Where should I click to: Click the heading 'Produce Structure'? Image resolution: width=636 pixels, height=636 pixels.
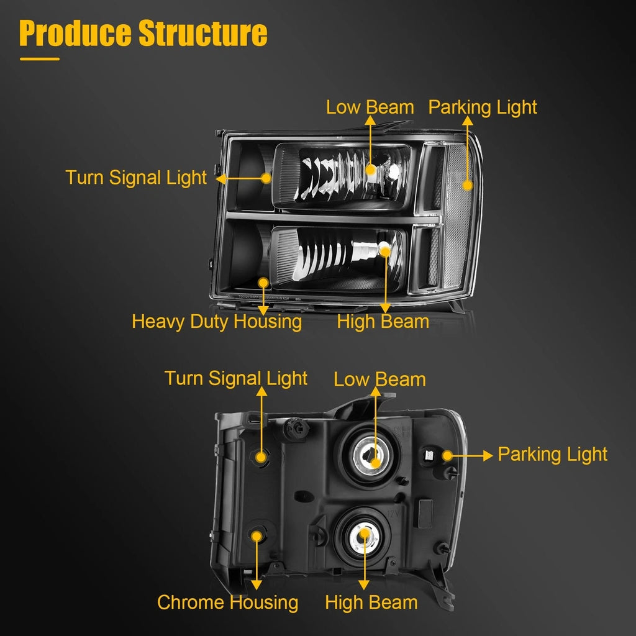(x=143, y=34)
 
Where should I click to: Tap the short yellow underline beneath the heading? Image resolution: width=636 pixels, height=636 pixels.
(x=40, y=59)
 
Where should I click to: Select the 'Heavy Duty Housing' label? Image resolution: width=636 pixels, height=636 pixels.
(x=217, y=322)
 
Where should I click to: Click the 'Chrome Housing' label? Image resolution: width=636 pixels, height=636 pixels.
(x=227, y=602)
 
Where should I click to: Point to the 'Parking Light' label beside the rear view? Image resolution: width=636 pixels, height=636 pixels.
(x=552, y=454)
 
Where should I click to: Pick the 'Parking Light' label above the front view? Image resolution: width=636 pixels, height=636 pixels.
(x=483, y=107)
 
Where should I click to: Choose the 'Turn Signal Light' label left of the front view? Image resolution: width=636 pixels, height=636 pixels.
(x=136, y=178)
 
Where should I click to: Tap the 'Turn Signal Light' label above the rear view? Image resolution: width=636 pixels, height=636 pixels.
(x=235, y=378)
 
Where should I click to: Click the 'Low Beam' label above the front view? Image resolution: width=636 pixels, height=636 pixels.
(x=370, y=107)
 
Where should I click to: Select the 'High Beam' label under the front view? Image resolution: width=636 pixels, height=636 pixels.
(x=383, y=322)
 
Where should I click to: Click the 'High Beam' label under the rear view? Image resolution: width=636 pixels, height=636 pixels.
(x=371, y=602)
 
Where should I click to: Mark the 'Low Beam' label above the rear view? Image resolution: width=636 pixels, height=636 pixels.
(x=379, y=379)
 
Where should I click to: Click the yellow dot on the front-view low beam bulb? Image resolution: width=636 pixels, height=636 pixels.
(x=370, y=170)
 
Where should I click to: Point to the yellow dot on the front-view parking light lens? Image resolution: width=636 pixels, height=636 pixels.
(x=468, y=185)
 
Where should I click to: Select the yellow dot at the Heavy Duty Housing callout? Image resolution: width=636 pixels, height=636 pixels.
(x=263, y=283)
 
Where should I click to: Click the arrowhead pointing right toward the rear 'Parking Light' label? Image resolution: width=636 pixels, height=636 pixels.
(x=488, y=455)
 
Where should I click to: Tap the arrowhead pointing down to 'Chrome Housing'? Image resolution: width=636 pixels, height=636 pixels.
(x=257, y=584)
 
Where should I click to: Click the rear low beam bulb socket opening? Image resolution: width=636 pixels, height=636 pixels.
(x=370, y=455)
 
